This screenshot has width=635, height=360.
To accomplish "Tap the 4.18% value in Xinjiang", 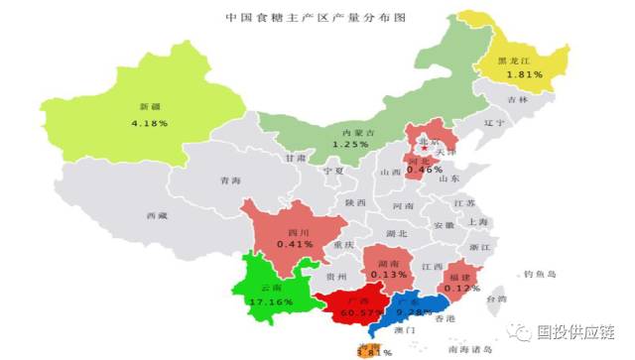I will tap(149, 123).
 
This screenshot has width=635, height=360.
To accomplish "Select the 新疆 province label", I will tap(148, 106).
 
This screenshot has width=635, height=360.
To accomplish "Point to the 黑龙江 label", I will tap(521, 60).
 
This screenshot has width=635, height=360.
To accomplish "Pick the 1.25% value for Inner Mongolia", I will tap(350, 145).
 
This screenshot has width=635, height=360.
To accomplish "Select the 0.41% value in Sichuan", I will tap(294, 243).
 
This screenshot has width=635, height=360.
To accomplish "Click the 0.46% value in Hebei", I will tap(425, 170).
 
